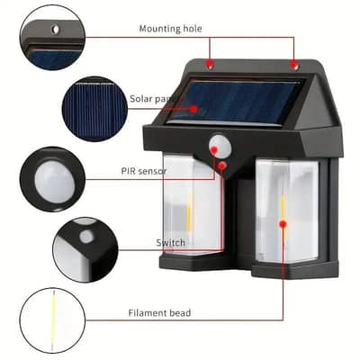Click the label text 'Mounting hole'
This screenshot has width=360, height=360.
(170, 29)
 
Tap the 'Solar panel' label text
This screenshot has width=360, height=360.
(149, 99)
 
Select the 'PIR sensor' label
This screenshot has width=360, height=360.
(144, 171)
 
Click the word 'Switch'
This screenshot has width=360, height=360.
(171, 243)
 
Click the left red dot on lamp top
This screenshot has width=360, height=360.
(210, 66)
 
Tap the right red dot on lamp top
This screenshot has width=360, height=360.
(293, 65)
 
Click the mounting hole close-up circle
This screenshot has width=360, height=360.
(55, 33)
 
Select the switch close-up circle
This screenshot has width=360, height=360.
(85, 247)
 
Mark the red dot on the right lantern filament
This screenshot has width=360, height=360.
(283, 222)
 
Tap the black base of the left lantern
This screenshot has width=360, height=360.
(191, 260)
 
